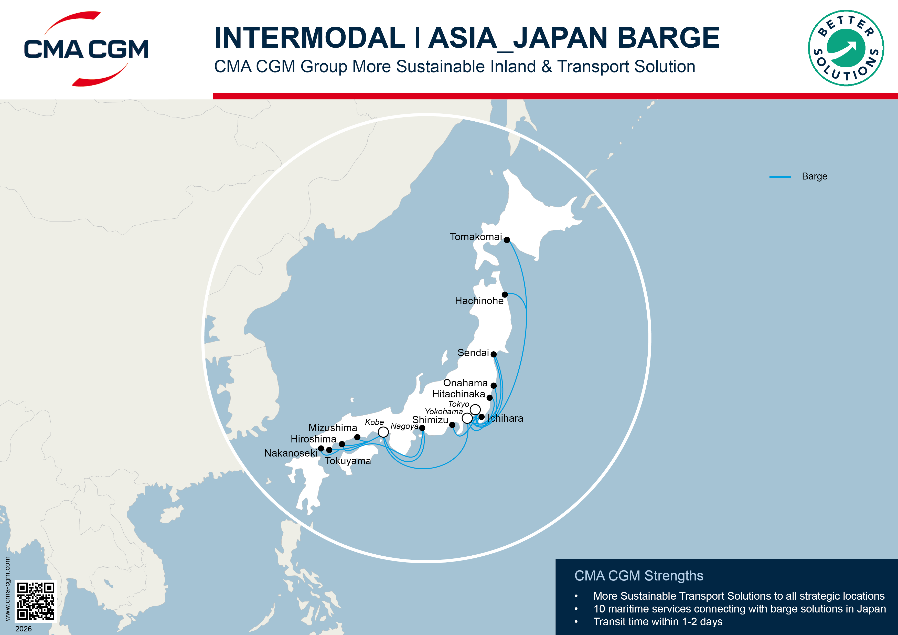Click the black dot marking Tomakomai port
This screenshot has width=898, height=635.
[x=507, y=240]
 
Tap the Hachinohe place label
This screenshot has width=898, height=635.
[x=479, y=301]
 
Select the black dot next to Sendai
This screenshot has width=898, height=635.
[x=494, y=354]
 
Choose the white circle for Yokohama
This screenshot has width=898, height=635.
[x=467, y=418]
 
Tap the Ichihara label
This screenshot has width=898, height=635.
[x=505, y=418]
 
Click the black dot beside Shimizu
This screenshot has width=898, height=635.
[x=452, y=425]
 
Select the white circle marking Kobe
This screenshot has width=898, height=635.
[x=383, y=432]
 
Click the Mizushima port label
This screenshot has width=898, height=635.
[x=333, y=428]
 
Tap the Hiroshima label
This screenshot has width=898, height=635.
[x=313, y=439]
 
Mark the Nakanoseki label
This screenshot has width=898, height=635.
[x=291, y=453]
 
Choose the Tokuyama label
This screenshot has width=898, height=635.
[x=348, y=461]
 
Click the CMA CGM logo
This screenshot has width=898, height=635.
[x=86, y=49]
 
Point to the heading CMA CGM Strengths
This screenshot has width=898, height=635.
[x=639, y=576]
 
